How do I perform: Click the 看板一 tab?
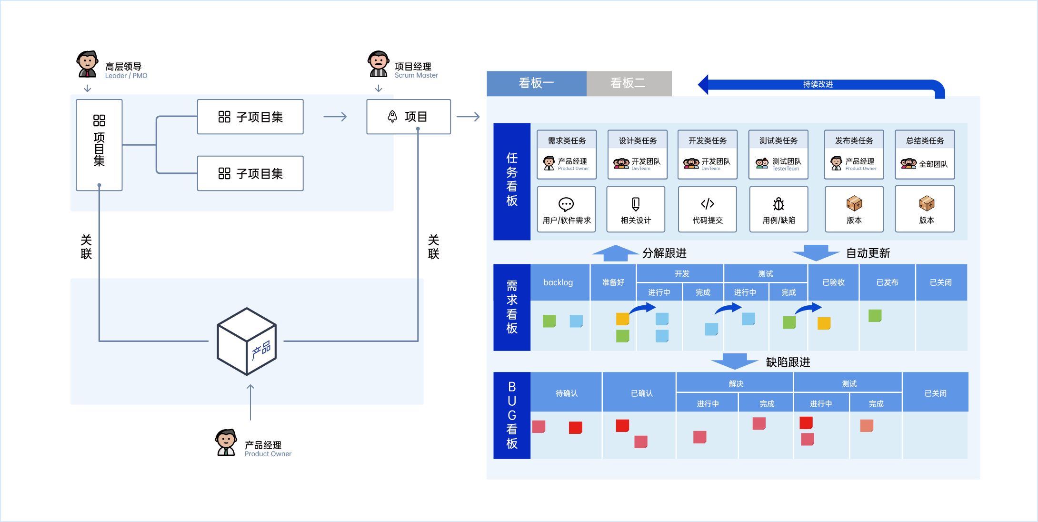[536, 83]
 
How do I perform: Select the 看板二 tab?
[629, 83]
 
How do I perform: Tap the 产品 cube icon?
[247, 341]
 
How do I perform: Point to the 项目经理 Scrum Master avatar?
[379, 64]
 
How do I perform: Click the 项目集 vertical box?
[99, 145]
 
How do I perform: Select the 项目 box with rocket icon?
[408, 117]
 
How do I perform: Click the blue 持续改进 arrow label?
[818, 84]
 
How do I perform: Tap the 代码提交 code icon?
[708, 204]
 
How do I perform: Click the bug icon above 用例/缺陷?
[778, 204]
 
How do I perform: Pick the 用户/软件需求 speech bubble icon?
[566, 204]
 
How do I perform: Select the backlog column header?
[558, 282]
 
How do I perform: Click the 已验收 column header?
[833, 282]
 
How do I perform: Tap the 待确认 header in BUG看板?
[566, 393]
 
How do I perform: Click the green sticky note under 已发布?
[875, 316]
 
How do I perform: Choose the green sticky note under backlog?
[549, 321]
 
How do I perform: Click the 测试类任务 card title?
[778, 141]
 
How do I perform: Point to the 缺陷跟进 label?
[788, 362]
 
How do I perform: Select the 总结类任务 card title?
[925, 141]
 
